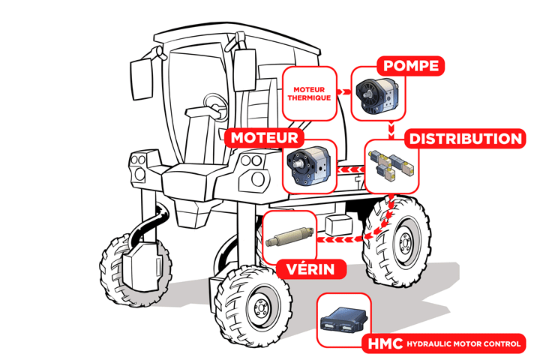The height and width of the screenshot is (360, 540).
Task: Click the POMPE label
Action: [x=409, y=65]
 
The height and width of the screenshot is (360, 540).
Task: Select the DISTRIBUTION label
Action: [x=464, y=139]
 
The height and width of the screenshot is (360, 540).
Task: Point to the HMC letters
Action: [x=385, y=344]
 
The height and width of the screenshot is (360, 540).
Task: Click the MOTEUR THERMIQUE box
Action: [x=309, y=93]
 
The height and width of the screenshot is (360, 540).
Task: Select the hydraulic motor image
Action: [x=309, y=166]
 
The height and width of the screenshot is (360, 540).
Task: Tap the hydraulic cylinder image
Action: [x=289, y=237]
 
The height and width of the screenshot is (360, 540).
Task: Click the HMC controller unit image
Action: [x=345, y=319]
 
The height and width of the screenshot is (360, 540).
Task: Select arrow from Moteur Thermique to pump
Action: [x=343, y=91]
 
